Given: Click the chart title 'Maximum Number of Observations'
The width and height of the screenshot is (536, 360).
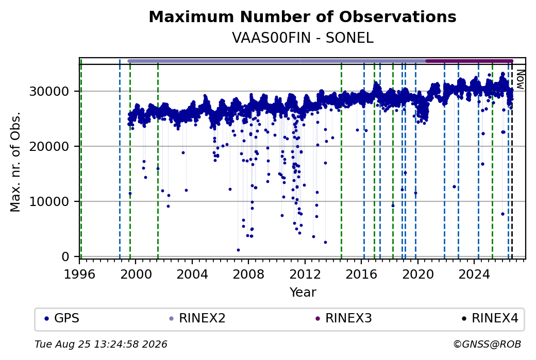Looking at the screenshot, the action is (303, 16).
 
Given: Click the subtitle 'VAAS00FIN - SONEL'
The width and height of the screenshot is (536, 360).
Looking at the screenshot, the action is (303, 38).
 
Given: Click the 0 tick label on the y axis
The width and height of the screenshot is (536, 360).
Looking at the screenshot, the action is (66, 256).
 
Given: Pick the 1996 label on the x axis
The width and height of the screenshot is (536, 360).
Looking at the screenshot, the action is (80, 274).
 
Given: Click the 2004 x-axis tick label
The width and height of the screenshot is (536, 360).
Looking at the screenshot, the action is (192, 274).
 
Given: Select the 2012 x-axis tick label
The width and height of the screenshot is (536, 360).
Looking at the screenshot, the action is (305, 274).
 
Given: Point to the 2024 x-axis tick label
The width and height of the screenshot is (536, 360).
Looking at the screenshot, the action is (474, 274).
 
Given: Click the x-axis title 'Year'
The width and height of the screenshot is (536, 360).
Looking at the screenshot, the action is (303, 293).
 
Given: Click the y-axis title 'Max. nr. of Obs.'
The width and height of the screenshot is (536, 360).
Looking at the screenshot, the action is (15, 162).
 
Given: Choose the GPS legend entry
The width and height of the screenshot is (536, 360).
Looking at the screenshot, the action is (62, 318).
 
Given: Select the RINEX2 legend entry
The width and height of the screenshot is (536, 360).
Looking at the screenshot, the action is (197, 318).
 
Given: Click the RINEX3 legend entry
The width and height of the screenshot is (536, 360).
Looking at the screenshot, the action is (344, 318).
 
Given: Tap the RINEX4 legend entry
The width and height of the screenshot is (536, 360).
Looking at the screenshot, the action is (490, 318).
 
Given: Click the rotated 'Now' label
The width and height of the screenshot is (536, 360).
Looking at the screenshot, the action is (520, 79).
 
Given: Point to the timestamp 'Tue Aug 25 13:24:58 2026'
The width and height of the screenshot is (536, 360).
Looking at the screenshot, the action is (101, 344).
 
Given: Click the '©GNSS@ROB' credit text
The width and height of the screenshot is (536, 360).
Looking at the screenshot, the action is (487, 344).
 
